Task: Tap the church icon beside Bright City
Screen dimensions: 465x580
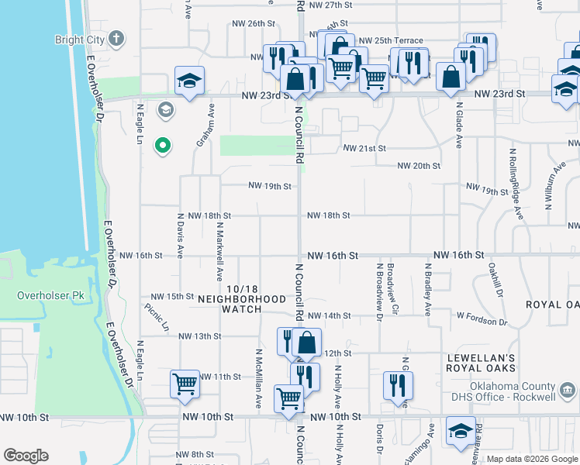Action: (x=116, y=38)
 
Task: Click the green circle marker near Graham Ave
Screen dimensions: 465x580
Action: (x=163, y=145)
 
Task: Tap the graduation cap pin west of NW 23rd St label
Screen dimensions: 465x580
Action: (x=188, y=81)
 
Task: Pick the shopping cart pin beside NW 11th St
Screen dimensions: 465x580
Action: (x=185, y=383)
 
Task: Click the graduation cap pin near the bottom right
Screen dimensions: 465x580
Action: (x=461, y=430)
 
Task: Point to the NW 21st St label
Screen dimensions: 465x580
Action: (x=364, y=148)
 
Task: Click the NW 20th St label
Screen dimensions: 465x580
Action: (x=419, y=166)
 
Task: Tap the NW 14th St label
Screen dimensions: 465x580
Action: (x=329, y=316)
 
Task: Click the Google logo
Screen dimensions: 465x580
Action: (x=26, y=456)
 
